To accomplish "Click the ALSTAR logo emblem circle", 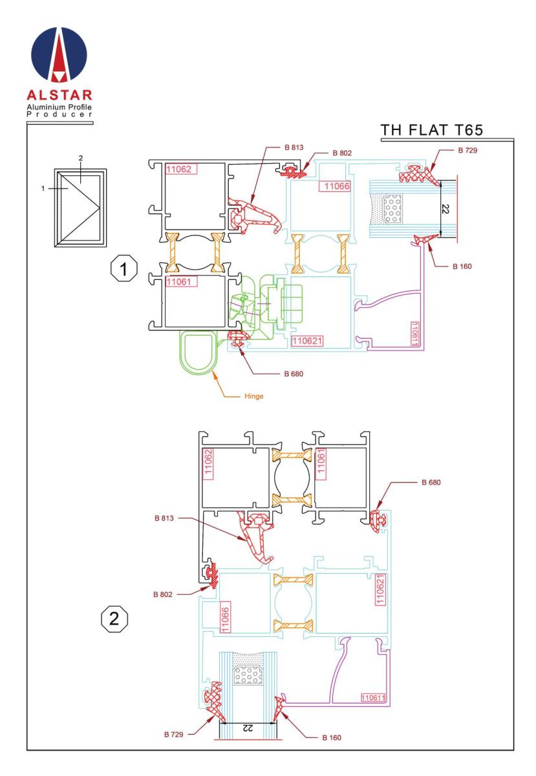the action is pos(59,55).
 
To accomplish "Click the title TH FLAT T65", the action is pos(431,130).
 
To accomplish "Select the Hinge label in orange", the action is pos(253,396).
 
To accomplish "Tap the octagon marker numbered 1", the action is pos(123,268).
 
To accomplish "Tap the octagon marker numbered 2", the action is pos(114,618).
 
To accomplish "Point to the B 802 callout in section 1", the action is pos(342,153).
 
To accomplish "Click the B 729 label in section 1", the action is pos(467,150).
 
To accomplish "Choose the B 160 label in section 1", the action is pos(462,266).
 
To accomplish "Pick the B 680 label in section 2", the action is pos(431,482).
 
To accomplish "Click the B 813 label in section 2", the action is pos(164,518).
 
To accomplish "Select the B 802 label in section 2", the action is pos(162,594).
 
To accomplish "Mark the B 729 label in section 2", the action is pos(173,734).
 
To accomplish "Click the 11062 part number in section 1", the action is pos(179,169).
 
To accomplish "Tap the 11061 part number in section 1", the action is pos(179,282).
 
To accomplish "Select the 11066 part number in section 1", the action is pos(337,186).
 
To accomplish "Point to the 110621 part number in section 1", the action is pos(307,341).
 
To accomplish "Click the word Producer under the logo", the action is pos(59,114).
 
